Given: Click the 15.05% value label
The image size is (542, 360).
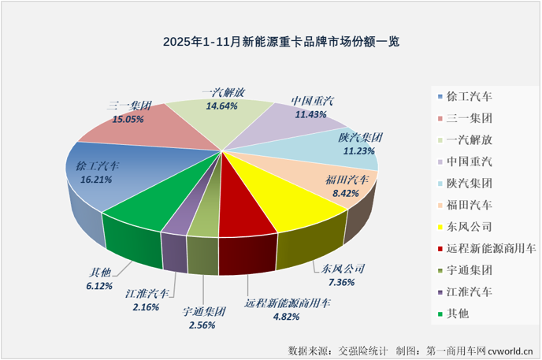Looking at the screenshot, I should pos(128,120).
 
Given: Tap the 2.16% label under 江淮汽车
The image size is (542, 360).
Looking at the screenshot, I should pos(147,306).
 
